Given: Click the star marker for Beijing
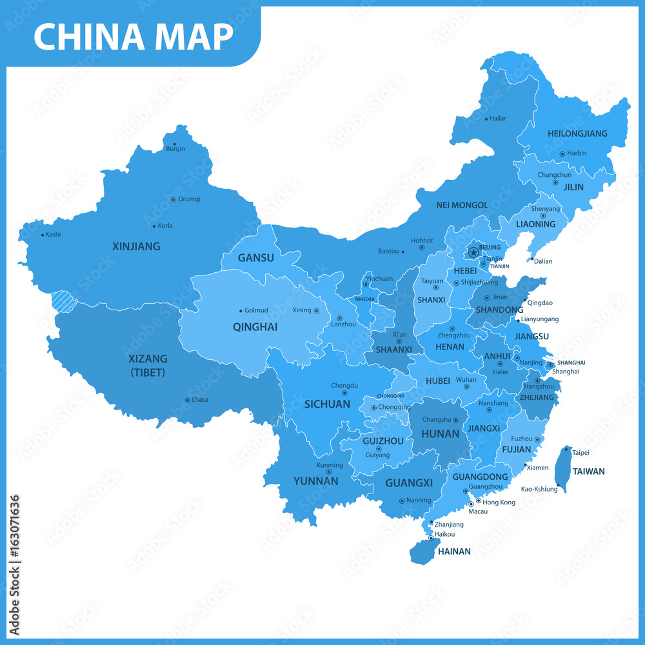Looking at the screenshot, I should click(473, 252).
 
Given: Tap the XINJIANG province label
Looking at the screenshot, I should click(136, 246).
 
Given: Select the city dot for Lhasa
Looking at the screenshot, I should click(187, 400).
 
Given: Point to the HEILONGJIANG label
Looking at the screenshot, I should click(577, 134).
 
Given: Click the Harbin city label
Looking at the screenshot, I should click(577, 154).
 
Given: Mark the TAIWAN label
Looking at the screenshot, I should click(588, 471).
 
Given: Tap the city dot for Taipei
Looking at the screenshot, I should click(567, 449).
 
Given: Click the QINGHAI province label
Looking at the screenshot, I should click(255, 327).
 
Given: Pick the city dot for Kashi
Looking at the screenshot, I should click(43, 235).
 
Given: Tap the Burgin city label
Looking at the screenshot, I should click(175, 149).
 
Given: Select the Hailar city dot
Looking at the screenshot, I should click(486, 119).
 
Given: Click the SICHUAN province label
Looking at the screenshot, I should click(327, 404).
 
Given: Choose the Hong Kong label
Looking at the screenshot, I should click(499, 502).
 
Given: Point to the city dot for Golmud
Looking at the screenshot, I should click(241, 311).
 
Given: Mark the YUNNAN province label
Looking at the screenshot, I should click(315, 481).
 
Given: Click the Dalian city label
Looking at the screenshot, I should click(542, 261).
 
